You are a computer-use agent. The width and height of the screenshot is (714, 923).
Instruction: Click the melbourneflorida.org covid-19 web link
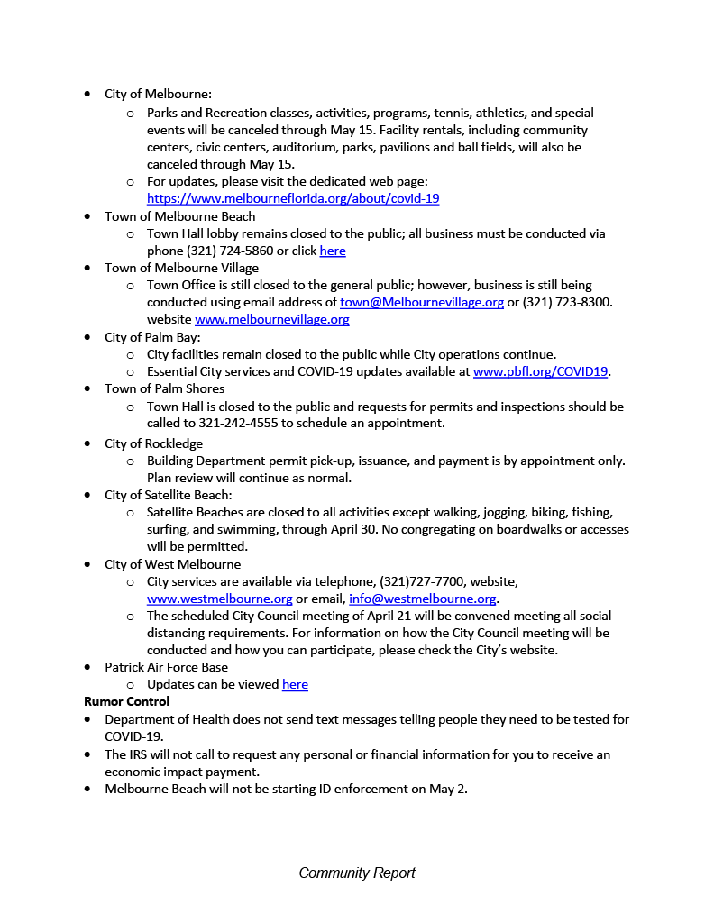pyautogui.click(x=293, y=198)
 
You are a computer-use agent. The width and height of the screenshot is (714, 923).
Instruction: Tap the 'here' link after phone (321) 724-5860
pyautogui.click(x=333, y=251)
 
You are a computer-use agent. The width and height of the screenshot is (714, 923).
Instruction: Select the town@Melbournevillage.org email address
pyautogui.click(x=421, y=302)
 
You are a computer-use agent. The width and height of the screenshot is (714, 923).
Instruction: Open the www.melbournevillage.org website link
pyautogui.click(x=271, y=319)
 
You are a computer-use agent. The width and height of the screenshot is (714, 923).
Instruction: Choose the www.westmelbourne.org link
pyautogui.click(x=219, y=599)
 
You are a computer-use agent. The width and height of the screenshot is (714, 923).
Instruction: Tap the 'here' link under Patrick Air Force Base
pyautogui.click(x=295, y=684)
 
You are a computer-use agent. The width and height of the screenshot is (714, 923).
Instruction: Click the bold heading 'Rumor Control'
pyautogui.click(x=126, y=701)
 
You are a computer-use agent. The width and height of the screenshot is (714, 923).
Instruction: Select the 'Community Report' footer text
pyautogui.click(x=357, y=873)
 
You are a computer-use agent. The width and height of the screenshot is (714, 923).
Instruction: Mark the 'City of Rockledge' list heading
pyautogui.click(x=153, y=443)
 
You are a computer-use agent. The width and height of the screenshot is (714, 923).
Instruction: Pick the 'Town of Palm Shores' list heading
pyautogui.click(x=164, y=388)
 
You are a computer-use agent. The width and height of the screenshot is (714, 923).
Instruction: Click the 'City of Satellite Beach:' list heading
pyautogui.click(x=168, y=495)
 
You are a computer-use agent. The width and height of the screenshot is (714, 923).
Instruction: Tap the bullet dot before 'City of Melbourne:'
pyautogui.click(x=87, y=94)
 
